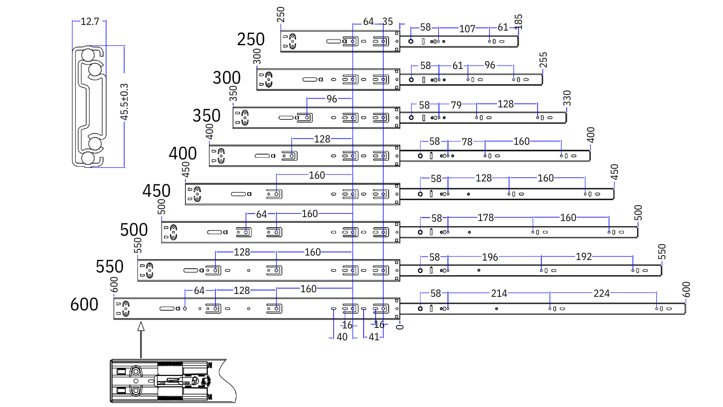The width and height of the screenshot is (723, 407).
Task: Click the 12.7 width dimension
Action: point(90,22)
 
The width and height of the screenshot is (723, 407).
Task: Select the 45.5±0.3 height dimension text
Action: point(124,102)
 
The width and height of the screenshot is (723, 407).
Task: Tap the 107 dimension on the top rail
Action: point(467,28)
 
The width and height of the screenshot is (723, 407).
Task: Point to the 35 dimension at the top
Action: point(387,22)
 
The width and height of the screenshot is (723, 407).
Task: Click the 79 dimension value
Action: point(456,105)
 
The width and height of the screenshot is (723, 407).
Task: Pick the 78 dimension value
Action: point(467,142)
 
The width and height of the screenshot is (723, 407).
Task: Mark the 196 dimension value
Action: point(490,257)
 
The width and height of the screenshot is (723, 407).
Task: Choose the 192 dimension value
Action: point(583,257)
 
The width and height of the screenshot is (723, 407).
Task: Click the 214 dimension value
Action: point(499,293)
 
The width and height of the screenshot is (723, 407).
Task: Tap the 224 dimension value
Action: point(602,293)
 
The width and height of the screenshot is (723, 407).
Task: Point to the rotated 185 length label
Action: point(519,22)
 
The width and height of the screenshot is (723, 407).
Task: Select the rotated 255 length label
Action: point(543,60)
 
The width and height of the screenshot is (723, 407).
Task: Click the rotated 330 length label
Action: point(567,98)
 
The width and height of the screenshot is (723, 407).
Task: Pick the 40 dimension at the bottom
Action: point(342,337)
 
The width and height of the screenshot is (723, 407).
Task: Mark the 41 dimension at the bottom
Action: point(373,337)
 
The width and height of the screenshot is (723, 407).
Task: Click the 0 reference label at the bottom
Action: point(399,328)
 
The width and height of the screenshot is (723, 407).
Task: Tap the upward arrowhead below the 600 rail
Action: point(141,326)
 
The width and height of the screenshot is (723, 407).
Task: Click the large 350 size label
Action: point(206,116)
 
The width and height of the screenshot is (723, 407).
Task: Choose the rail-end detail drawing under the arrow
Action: point(169,381)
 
